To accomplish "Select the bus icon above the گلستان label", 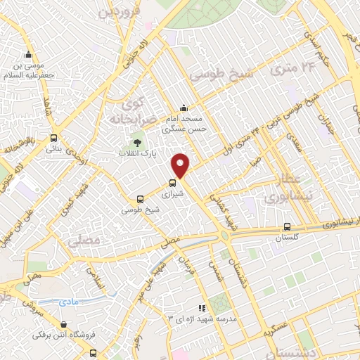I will [x=286, y=227].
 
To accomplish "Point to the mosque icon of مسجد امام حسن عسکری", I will [x=184, y=108].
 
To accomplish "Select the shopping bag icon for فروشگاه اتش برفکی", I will [x=65, y=325].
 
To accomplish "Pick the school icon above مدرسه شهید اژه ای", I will [x=202, y=307].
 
